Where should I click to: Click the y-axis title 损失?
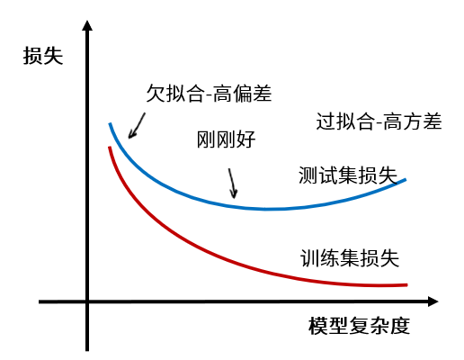(43, 56)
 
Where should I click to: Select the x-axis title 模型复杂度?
(359, 326)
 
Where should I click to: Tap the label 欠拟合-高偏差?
(209, 94)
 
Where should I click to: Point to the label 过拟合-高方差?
(379, 121)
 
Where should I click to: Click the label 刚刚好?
(226, 139)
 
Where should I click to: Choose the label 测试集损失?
(348, 175)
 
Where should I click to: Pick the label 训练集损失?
(350, 258)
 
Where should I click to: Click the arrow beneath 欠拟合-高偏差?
(137, 126)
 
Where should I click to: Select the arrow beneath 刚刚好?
(233, 184)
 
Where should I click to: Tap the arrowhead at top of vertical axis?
(87, 25)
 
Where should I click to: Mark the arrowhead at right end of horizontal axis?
(433, 301)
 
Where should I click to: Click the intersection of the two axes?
(87, 301)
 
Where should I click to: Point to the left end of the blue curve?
(110, 123)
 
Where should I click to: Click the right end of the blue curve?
(406, 179)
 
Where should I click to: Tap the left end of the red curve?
(110, 148)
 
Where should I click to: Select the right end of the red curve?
(407, 284)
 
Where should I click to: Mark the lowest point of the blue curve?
(267, 209)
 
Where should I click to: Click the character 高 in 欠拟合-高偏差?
(222, 94)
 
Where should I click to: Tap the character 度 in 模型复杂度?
(400, 326)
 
